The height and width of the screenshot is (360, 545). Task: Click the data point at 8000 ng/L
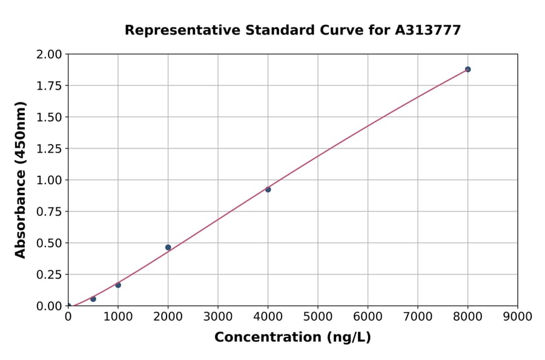coord(467,69)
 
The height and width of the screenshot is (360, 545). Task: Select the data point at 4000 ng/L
coord(268,189)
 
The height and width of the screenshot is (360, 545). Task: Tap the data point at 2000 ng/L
coord(168,247)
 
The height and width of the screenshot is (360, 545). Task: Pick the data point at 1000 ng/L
coord(118,285)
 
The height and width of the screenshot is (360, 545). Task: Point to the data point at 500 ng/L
coord(93,299)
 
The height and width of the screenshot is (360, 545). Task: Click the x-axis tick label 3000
coord(217,316)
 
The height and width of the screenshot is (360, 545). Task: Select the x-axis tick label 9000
coord(517,316)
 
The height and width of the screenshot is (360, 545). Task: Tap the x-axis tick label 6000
coord(368,316)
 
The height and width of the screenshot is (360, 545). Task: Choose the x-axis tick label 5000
coord(317,316)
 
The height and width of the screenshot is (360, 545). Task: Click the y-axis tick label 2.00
coord(50,55)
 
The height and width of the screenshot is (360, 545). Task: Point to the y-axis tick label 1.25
coord(50,148)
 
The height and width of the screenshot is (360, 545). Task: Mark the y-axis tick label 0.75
coord(50,212)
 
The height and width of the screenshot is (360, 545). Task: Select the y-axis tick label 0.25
coord(50,275)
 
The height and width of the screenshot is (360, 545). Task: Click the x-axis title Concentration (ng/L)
coord(292,338)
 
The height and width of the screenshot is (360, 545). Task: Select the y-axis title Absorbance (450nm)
coord(21,180)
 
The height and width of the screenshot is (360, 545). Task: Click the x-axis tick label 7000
coord(417,316)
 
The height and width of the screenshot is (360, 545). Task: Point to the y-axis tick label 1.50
coord(50,117)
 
